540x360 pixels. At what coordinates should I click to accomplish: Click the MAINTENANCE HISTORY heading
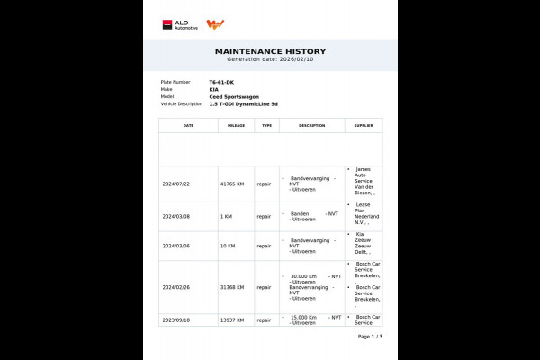point(270,51)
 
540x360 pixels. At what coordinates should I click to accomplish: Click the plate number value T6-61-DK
point(221,82)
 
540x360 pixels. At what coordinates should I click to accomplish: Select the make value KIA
point(214,89)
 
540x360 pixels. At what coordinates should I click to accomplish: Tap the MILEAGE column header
point(236,126)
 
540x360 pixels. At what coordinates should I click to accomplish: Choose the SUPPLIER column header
point(363,126)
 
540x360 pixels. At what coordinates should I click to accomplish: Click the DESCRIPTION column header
point(311,126)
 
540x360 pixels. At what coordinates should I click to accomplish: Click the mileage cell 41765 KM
point(233,184)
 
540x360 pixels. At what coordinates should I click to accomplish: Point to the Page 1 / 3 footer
point(370,337)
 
